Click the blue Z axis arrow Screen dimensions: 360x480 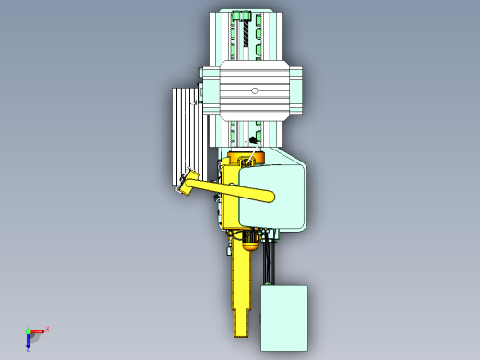[29, 341]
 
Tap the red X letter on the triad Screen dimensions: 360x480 [47, 329]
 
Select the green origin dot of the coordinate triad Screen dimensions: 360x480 [28, 330]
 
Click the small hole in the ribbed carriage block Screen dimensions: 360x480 [255, 90]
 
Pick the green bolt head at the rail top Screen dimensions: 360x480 [241, 16]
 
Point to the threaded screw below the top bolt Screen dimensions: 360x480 [246, 38]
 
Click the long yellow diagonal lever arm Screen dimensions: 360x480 [231, 190]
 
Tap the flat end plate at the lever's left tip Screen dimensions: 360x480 [188, 182]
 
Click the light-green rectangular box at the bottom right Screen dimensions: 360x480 [283, 317]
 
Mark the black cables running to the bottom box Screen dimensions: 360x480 [269, 263]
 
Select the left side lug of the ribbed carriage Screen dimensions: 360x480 [210, 90]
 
